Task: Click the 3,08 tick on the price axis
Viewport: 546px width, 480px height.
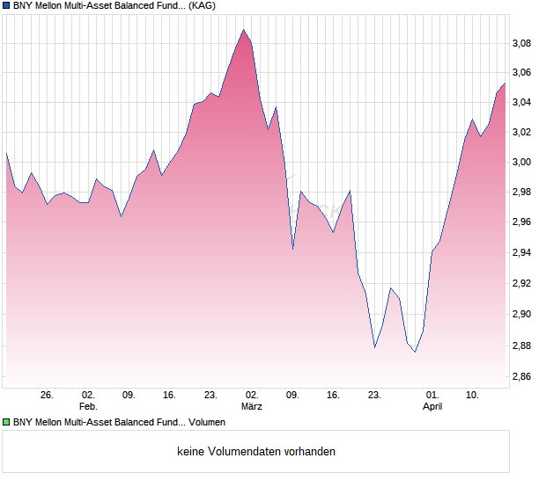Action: click(523, 43)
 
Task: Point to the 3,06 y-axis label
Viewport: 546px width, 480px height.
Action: click(523, 73)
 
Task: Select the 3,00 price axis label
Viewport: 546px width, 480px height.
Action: click(523, 163)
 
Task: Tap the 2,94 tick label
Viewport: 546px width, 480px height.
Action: click(523, 253)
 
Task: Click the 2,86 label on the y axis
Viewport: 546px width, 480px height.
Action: click(523, 378)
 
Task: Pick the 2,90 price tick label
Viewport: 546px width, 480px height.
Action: click(523, 314)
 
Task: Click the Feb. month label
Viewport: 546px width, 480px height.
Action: click(87, 407)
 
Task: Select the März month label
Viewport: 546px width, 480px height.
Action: click(252, 407)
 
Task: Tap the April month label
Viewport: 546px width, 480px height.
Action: click(432, 407)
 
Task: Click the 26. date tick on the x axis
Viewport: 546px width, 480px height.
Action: click(47, 396)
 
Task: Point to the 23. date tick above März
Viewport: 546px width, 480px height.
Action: click(210, 396)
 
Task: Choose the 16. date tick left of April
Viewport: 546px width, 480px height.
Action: click(333, 396)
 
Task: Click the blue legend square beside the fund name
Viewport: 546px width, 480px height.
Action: click(5, 5)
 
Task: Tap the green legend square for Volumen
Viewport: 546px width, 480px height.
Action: click(5, 423)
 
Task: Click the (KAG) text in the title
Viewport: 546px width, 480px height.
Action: click(203, 5)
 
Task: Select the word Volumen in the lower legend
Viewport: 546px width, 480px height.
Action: click(208, 423)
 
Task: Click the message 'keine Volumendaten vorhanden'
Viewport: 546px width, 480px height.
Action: click(256, 452)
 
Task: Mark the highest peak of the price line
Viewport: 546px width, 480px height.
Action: click(244, 29)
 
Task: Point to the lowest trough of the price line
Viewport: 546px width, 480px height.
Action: click(415, 352)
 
